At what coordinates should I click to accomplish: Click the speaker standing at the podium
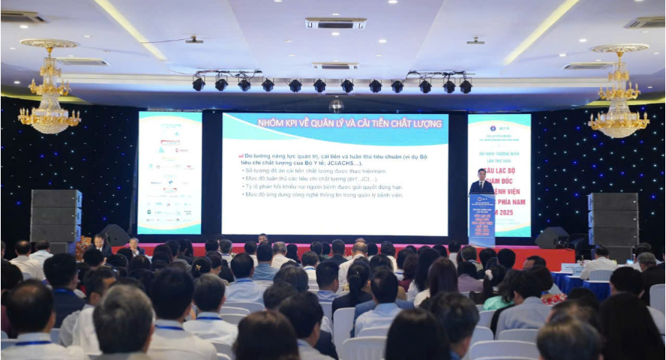coord(481,184)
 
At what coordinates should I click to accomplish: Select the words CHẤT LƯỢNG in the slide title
coord(408,122)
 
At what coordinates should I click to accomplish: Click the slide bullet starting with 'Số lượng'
coord(315,170)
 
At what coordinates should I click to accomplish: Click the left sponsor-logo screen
coord(169,172)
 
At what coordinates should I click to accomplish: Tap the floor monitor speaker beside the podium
coord(551,238)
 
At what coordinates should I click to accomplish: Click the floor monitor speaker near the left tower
coord(115,235)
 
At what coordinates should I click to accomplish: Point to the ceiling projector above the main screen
coord(336,104)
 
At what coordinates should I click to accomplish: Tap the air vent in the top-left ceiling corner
coord(22,16)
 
